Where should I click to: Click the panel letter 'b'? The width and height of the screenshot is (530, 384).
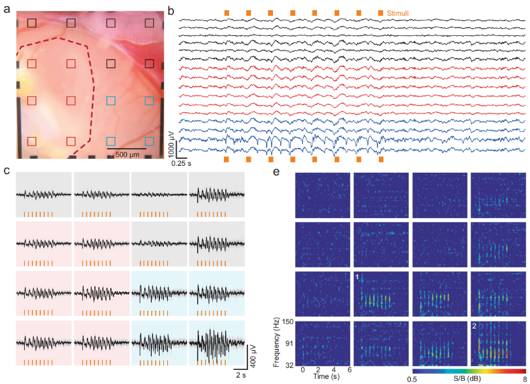[170, 9]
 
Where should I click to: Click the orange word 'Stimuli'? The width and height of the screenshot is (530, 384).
[397, 12]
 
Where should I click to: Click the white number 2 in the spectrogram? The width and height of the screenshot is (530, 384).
[475, 326]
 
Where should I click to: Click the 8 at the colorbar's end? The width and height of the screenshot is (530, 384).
[524, 379]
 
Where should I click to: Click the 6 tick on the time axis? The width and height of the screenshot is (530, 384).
[348, 371]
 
